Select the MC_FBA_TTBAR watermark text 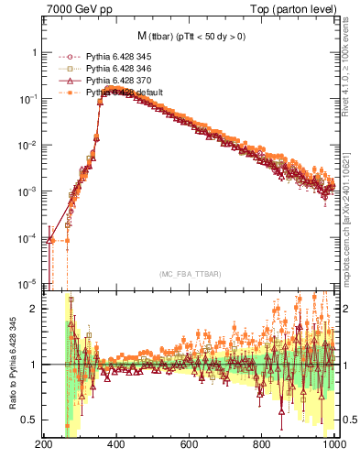point(190,274)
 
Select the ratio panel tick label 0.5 point(30,420)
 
